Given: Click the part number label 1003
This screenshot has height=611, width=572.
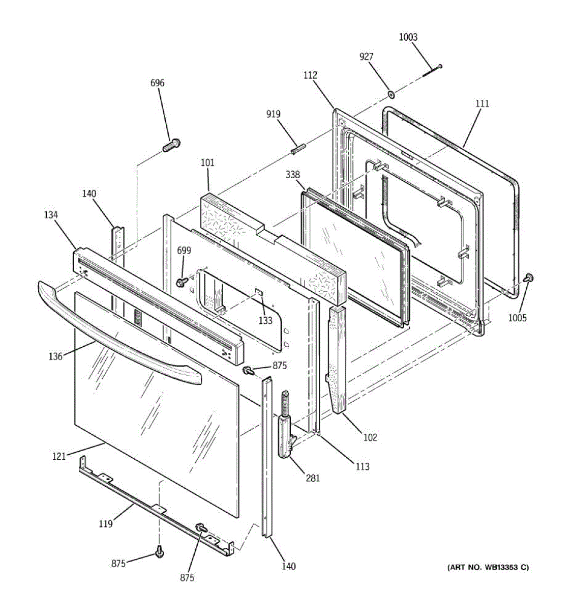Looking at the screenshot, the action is coord(408,37).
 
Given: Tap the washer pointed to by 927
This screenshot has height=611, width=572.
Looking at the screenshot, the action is coord(392,94).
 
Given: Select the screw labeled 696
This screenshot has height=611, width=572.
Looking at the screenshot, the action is coord(171,145).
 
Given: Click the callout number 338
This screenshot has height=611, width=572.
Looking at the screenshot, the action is coord(292,175).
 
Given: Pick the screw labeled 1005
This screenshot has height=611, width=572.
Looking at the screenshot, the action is coord(528,278).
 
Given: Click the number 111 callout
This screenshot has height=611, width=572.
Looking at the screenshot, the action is coord(482,103).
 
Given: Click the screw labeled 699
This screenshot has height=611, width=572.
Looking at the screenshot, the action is coord(182,282).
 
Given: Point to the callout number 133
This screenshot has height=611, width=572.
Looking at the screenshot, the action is coord(265,321).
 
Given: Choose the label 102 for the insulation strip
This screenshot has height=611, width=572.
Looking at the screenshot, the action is coord(370,437).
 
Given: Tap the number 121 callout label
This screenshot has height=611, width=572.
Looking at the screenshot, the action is coord(58,456).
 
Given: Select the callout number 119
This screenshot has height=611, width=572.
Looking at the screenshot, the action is coord(105,523).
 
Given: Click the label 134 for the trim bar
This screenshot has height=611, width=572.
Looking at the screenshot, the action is coord(51,215).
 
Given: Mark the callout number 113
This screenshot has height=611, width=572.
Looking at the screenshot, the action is coord(363,466).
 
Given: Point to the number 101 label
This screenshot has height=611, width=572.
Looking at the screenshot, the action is coord(207,163).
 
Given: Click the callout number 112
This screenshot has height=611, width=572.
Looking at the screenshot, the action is coord(310,75).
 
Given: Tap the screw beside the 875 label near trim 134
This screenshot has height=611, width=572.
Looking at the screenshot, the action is coord(249,370).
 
